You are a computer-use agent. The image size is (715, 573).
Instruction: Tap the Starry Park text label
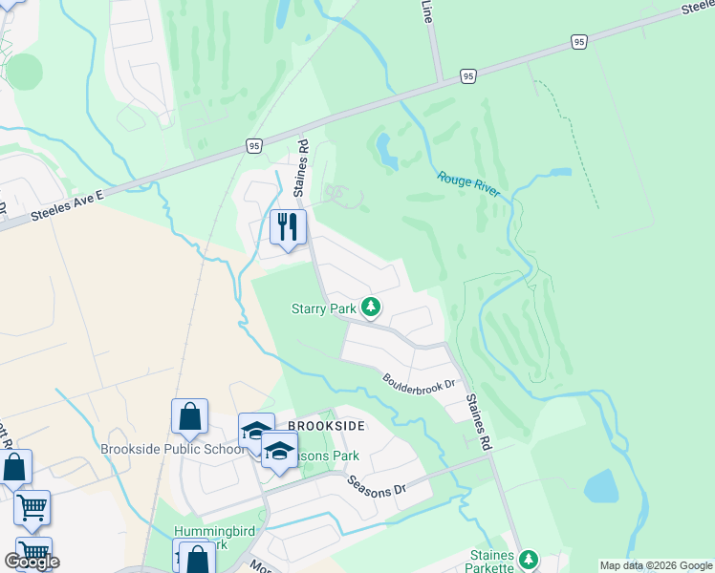click(x=323, y=308)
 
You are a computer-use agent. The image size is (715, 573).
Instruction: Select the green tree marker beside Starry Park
click(x=371, y=307)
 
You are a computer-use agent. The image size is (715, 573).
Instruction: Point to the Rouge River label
click(x=468, y=182)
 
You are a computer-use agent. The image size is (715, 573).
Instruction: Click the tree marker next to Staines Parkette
click(x=528, y=559)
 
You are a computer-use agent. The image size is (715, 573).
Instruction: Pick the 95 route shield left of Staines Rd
click(x=252, y=145)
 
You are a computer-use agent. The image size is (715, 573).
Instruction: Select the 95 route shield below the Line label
click(x=466, y=75)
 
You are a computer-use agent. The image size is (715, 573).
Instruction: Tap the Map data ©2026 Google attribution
click(x=656, y=565)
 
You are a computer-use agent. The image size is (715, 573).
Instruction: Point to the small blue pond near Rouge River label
click(x=386, y=150)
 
